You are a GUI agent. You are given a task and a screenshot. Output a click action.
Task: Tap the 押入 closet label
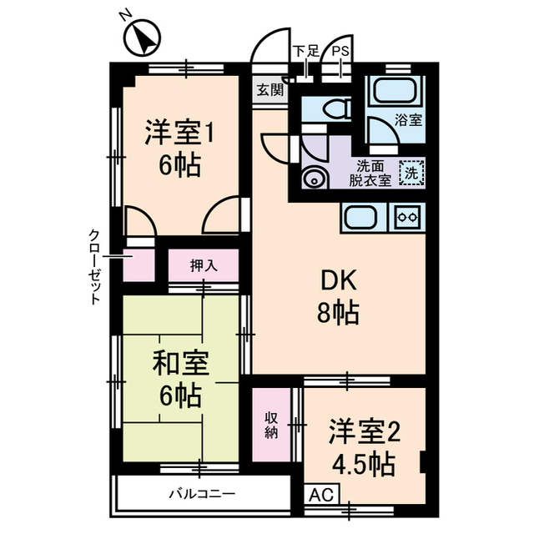203,267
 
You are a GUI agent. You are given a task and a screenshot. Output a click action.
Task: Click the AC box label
320,494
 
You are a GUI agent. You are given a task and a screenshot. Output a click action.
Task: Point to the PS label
341,53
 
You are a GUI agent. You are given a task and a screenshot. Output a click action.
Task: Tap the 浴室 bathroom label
409,119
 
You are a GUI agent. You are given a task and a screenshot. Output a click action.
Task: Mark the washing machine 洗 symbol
412,173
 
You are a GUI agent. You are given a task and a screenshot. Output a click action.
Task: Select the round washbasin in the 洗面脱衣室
315,177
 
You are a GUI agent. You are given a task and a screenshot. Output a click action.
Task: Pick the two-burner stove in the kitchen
409,216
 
